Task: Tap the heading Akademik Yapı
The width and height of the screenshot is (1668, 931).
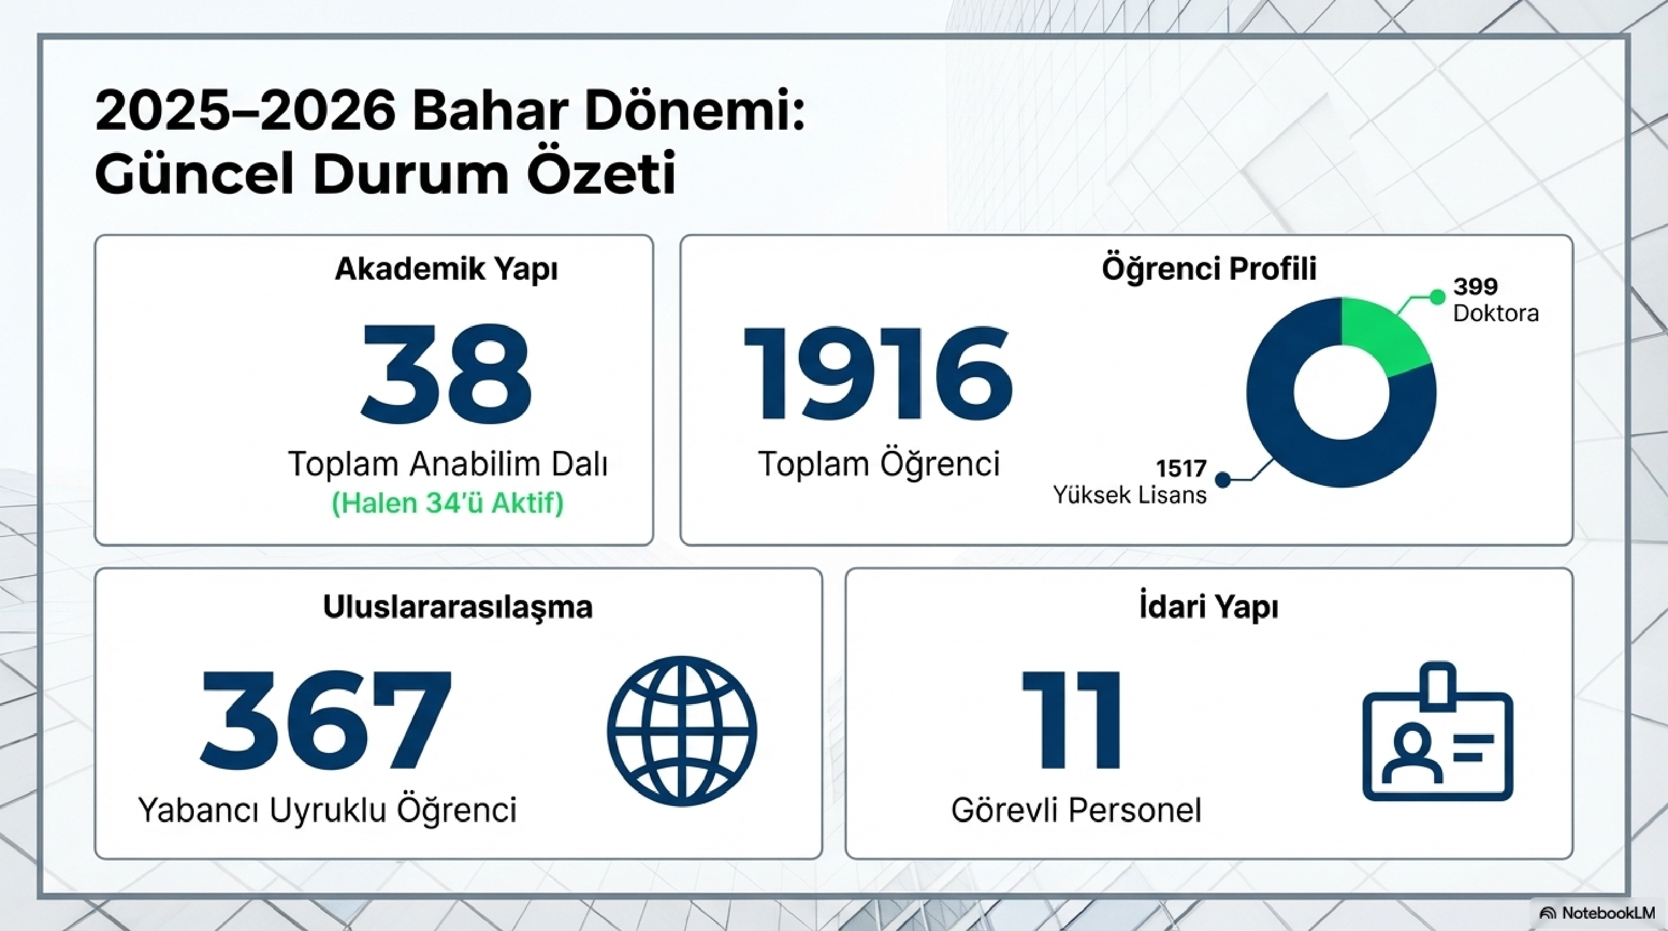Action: coord(446,269)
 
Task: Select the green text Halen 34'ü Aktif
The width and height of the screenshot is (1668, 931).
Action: coord(447,503)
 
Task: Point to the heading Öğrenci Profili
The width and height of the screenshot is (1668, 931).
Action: coord(1209,269)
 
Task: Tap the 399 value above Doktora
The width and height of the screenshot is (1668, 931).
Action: coord(1475,286)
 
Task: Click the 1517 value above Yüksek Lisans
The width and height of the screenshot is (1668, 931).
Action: coord(1182,467)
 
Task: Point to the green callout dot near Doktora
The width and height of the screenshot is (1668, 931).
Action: coord(1438,297)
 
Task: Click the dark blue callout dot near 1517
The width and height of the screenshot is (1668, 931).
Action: coord(1223,479)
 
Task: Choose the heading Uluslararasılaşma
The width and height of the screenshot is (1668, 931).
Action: coord(458,607)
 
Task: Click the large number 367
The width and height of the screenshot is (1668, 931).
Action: coord(326,718)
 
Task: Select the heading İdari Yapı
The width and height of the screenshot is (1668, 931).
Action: coord(1209,607)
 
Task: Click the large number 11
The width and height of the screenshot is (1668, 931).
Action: coord(1072,719)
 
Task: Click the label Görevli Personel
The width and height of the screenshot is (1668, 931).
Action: coord(1076,810)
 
